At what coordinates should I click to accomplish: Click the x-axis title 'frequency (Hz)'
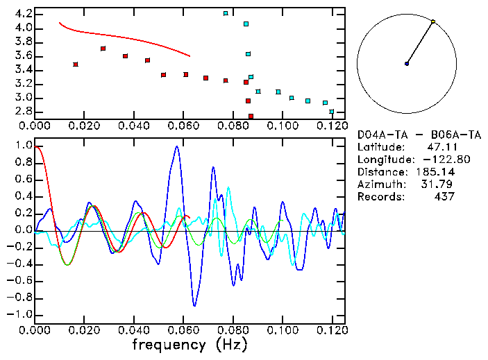(x=190, y=344)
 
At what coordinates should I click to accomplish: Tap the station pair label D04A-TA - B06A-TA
(x=419, y=135)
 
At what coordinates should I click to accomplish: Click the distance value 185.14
(x=436, y=172)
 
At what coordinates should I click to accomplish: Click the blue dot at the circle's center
(x=407, y=64)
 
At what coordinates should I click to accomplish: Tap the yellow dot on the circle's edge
(x=433, y=22)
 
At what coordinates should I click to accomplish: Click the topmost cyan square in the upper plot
(x=226, y=13)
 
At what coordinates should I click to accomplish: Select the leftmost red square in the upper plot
(x=76, y=65)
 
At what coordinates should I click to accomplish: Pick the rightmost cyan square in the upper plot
(x=332, y=112)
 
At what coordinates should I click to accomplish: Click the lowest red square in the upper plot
(x=251, y=116)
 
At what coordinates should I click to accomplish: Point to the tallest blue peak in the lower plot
(x=177, y=146)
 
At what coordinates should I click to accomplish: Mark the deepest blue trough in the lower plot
(x=194, y=305)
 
